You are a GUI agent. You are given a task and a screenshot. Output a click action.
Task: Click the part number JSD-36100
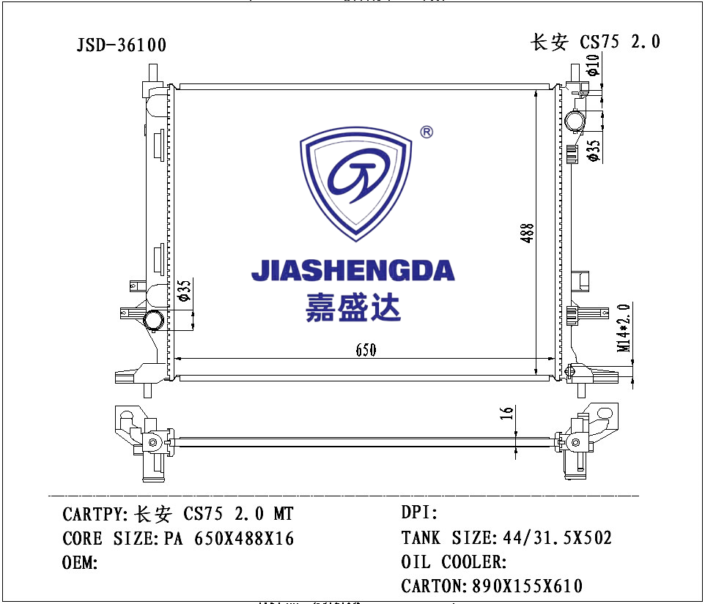tap(122, 45)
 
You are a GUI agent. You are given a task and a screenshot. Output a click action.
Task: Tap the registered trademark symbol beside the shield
tap(427, 132)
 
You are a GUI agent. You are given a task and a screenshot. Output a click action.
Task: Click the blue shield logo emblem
tap(355, 184)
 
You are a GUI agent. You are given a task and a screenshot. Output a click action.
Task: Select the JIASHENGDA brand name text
tap(353, 270)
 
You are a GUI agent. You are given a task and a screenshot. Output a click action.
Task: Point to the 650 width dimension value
tap(366, 350)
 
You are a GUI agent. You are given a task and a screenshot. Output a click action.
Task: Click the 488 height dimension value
tap(527, 233)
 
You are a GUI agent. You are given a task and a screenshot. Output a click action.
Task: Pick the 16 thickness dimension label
tap(506, 413)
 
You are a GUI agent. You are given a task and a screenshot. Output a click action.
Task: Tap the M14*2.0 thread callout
tap(624, 328)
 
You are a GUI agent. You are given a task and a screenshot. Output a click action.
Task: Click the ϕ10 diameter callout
tap(593, 64)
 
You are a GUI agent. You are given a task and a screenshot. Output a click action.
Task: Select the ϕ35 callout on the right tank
tap(594, 150)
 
